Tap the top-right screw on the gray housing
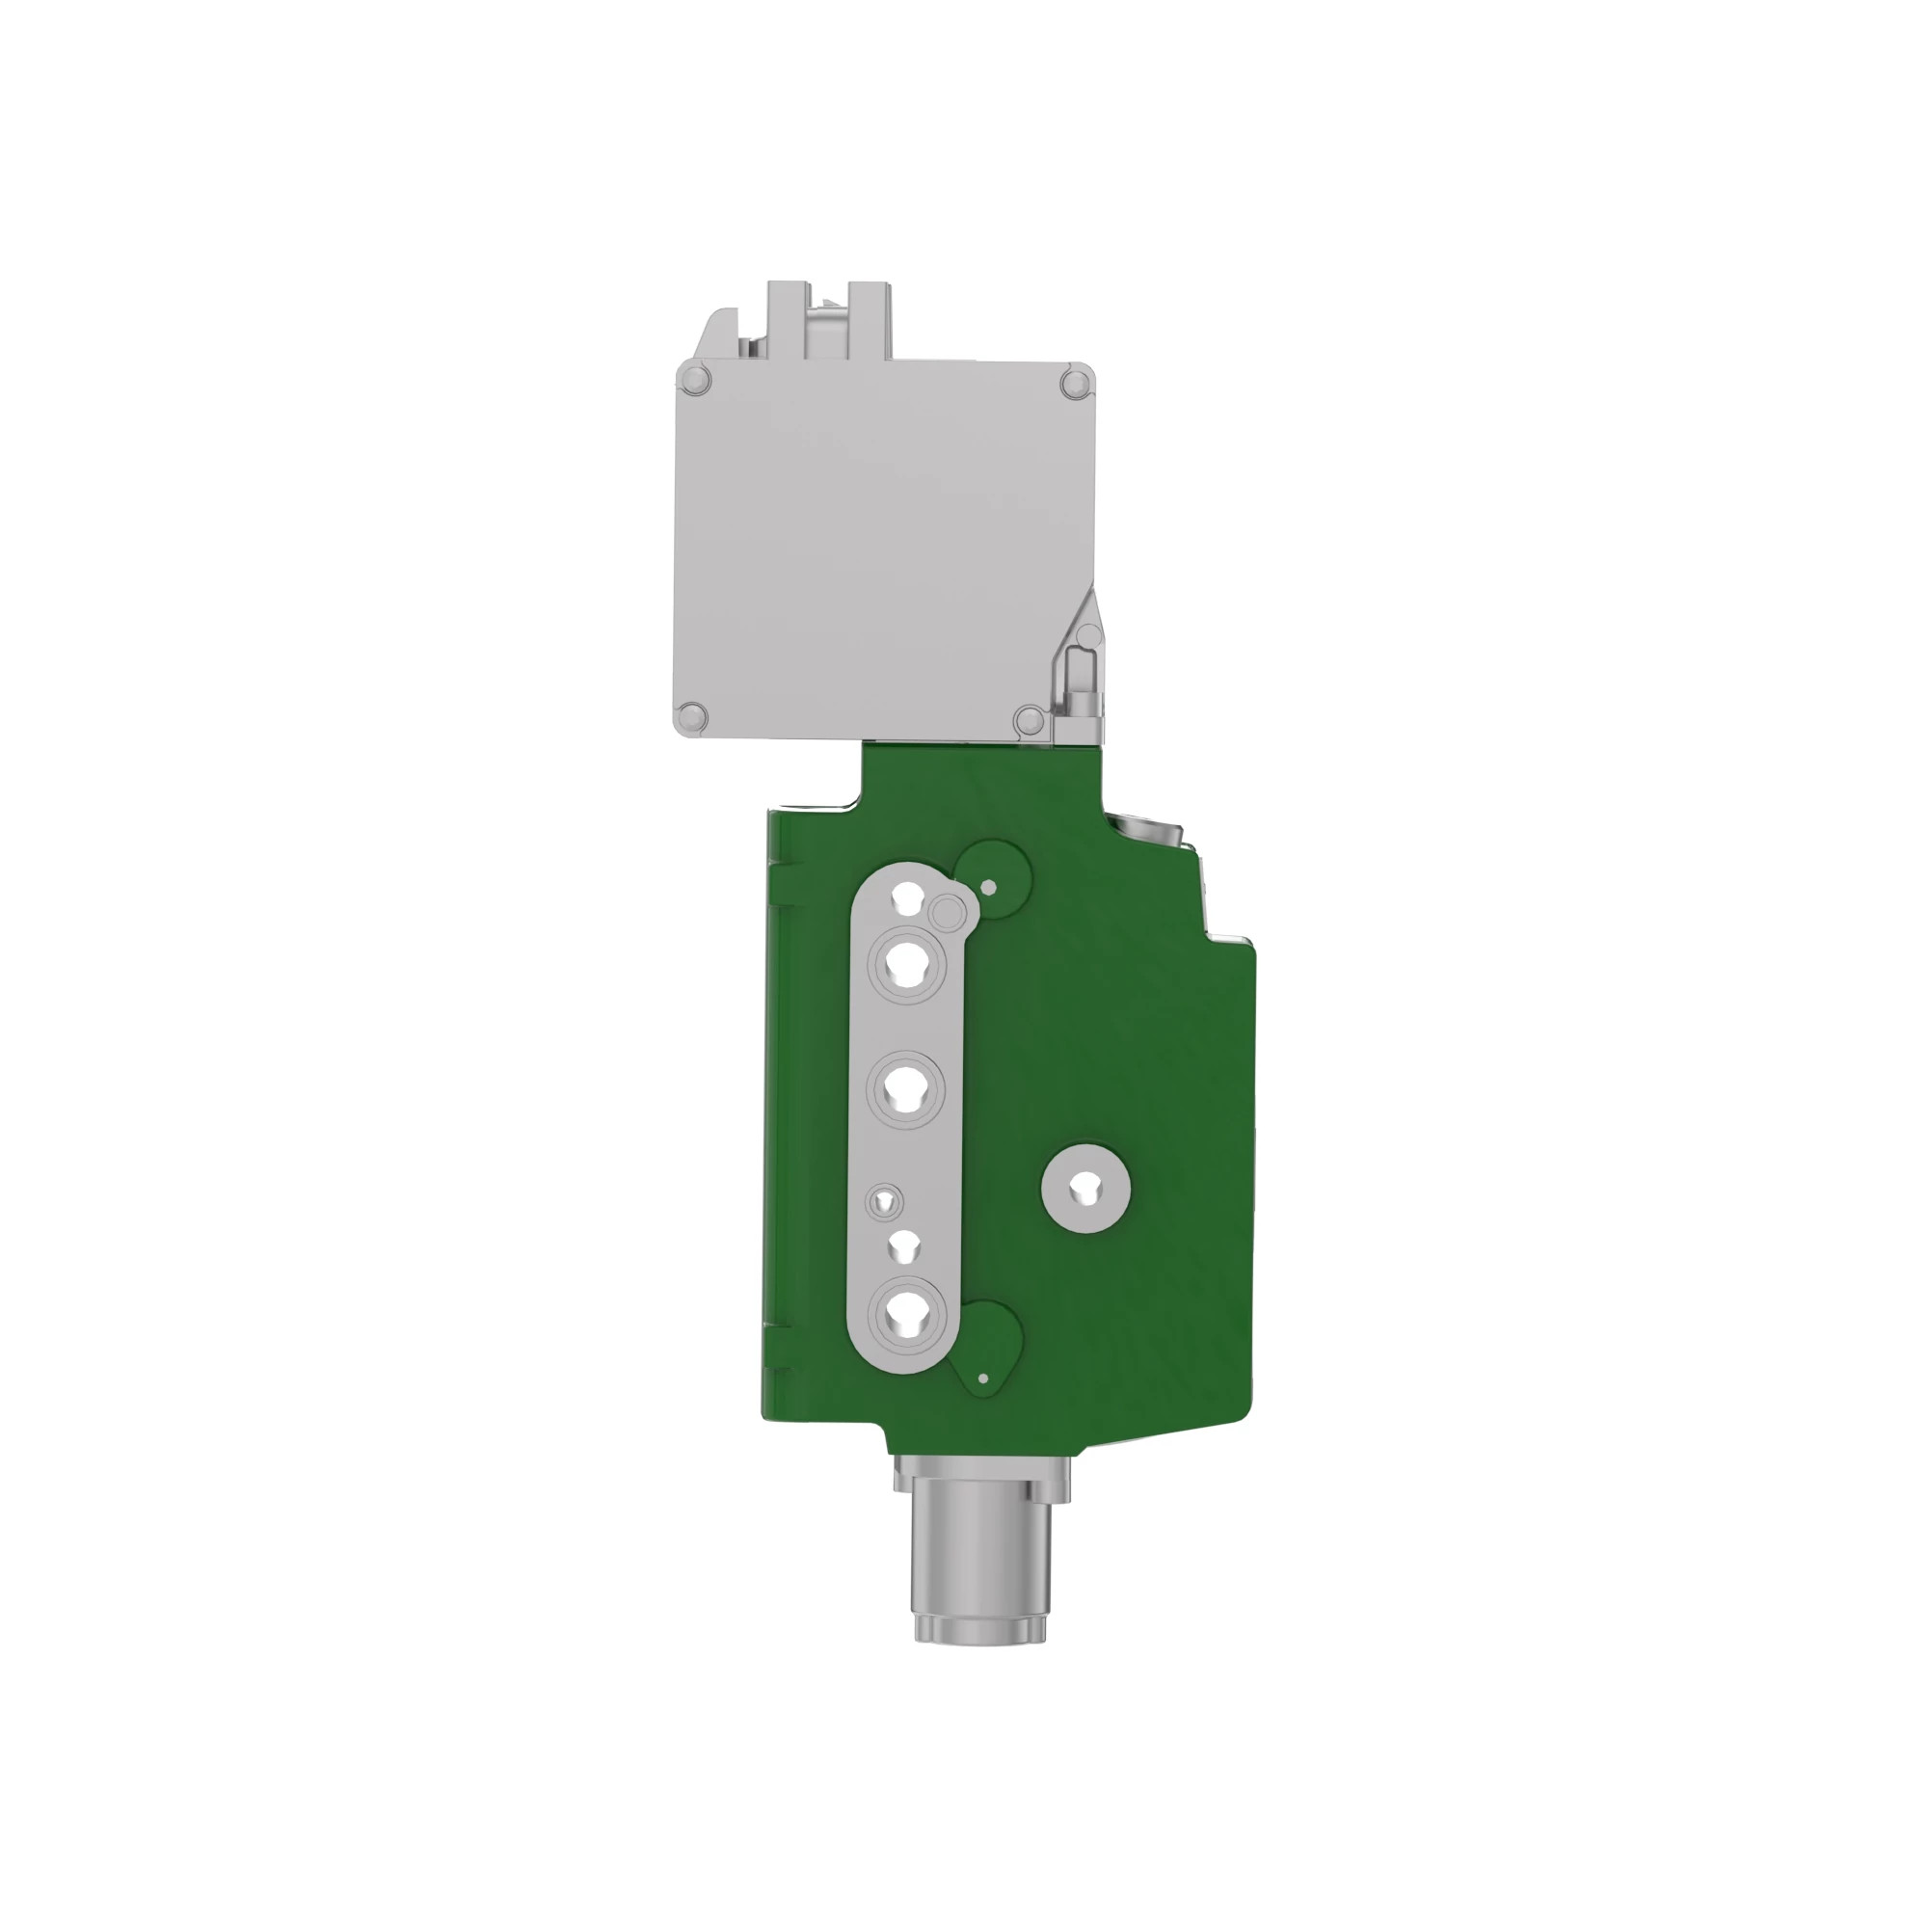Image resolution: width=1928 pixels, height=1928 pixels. (1075, 384)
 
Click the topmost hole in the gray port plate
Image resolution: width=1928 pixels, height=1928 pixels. (908, 897)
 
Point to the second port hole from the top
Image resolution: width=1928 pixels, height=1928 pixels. (907, 965)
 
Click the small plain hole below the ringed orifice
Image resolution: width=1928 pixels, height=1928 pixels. (904, 1247)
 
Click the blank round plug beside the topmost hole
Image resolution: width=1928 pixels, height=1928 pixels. (946, 911)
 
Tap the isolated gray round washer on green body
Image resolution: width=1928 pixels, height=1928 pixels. (1084, 1188)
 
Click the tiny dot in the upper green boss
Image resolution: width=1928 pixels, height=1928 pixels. (989, 886)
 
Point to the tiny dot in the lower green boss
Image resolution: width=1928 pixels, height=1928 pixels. (983, 1379)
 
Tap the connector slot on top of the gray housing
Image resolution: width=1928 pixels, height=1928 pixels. (827, 319)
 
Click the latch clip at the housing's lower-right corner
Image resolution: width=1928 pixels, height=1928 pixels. (1080, 679)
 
